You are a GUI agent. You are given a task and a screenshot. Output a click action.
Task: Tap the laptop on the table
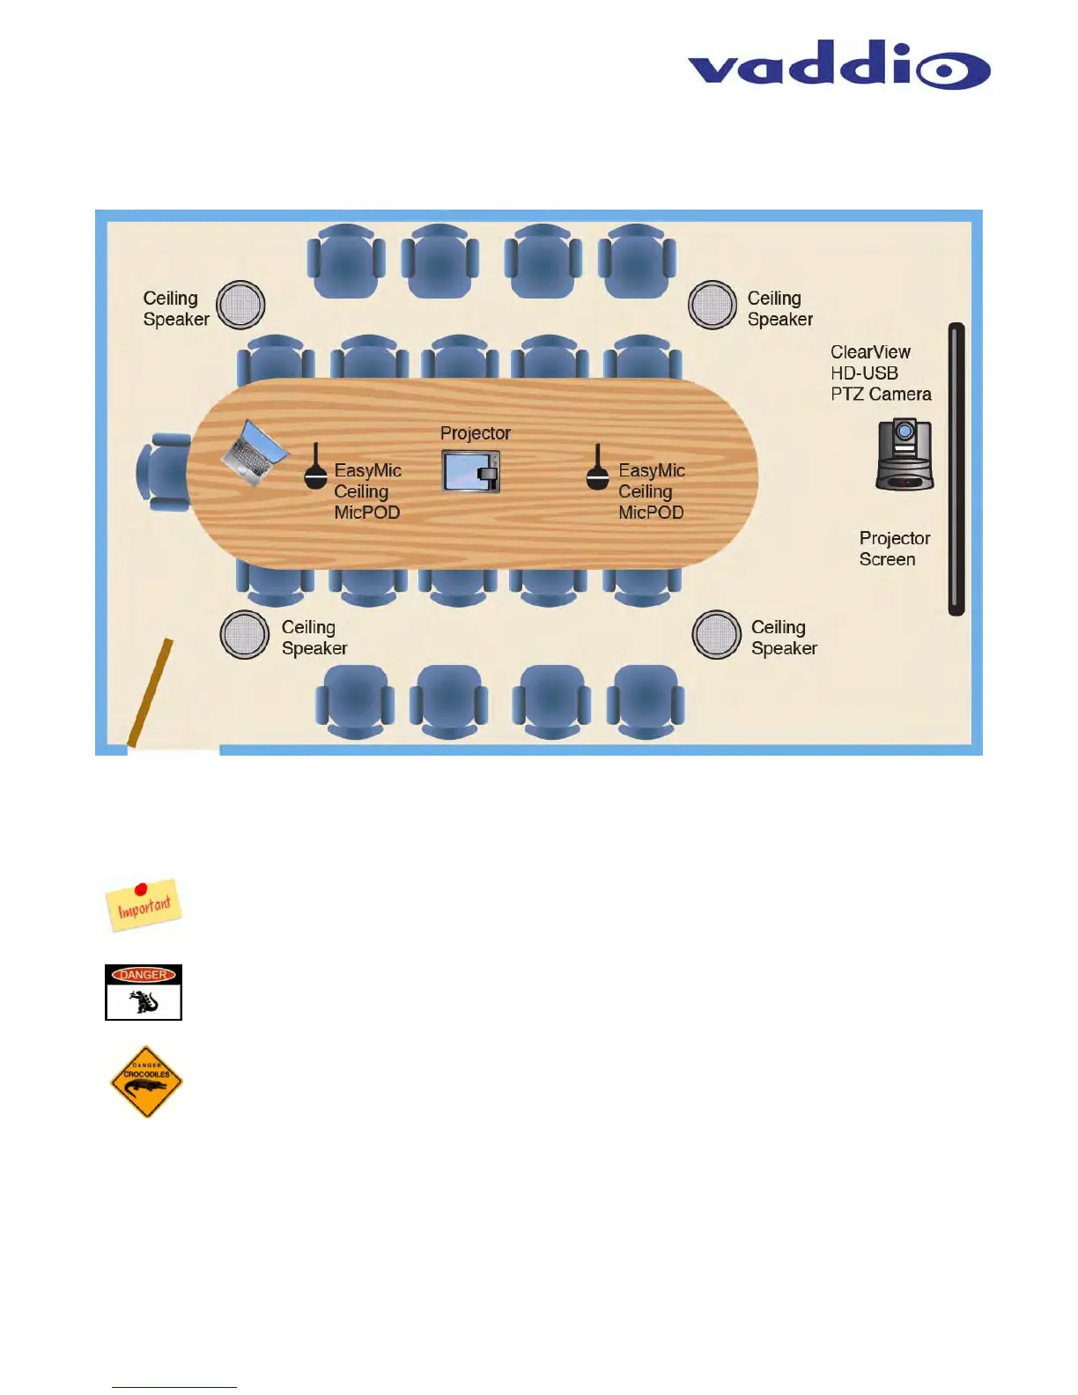(254, 453)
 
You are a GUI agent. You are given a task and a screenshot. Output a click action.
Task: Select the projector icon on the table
(471, 470)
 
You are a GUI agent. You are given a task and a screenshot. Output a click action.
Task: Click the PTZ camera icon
(904, 454)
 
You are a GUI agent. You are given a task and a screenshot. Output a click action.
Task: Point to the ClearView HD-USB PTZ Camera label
(880, 373)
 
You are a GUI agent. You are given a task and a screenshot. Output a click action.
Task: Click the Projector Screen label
(894, 549)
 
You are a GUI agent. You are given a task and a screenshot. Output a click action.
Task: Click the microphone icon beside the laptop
(315, 468)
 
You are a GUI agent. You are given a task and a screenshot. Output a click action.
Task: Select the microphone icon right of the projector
(598, 469)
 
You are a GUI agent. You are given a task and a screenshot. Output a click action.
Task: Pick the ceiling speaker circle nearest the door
(244, 634)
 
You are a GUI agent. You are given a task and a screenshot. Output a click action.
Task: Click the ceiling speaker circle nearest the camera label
(713, 306)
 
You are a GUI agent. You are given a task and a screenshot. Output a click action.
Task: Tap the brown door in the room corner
(150, 693)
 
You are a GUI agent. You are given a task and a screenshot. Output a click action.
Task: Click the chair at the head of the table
(162, 472)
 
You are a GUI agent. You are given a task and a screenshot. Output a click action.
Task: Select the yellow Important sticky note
(144, 905)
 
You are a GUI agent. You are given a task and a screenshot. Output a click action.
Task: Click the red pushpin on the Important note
(140, 889)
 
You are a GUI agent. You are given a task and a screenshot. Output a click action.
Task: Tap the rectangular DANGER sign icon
(144, 993)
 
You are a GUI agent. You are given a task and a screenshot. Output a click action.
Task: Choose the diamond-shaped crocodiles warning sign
(146, 1082)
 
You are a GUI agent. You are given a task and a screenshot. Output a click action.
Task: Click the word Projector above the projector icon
(475, 433)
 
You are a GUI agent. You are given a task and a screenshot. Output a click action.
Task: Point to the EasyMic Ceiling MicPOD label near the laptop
(367, 491)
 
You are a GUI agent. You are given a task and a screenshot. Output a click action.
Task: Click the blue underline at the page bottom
(174, 1387)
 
